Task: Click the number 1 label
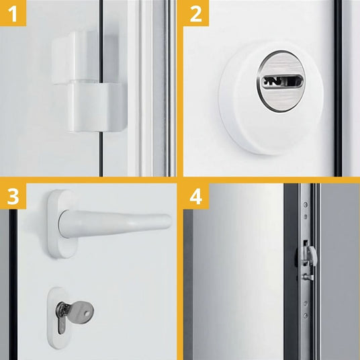[13, 14]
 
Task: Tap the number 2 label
[196, 14]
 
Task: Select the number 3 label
[13, 196]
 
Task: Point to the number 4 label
[196, 196]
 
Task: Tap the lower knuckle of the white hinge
[97, 107]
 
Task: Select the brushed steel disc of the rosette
[281, 81]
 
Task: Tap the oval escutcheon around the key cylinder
[59, 318]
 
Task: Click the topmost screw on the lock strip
[305, 204]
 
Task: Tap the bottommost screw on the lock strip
[305, 316]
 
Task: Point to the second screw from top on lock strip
[305, 216]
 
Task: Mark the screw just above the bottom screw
[305, 304]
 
